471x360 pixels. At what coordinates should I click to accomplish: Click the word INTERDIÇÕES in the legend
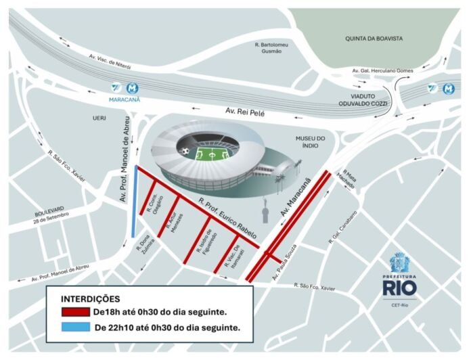[91, 298]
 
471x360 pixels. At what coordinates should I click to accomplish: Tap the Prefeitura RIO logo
[400, 277]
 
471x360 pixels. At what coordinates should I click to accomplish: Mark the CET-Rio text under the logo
[400, 305]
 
